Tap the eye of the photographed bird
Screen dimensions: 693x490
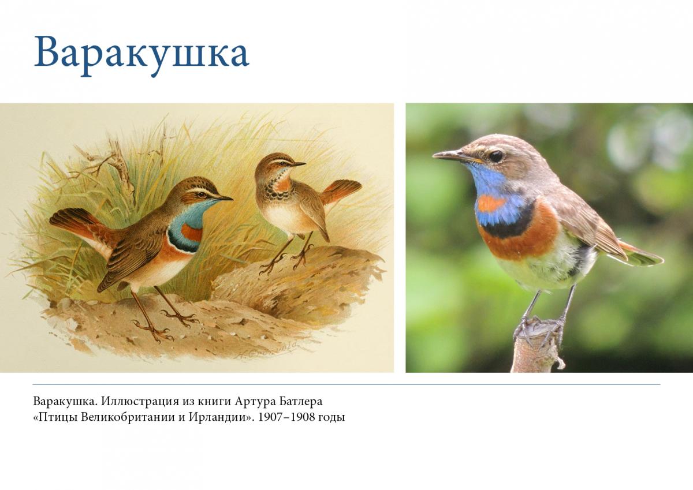pos(495,156)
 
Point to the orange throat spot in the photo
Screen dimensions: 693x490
pos(491,203)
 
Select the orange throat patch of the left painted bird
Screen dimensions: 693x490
pos(192,232)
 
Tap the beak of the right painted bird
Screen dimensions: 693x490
pos(298,164)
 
